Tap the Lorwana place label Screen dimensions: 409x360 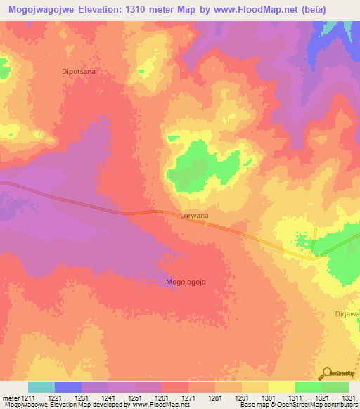point(195,216)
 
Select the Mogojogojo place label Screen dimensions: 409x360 point(189,282)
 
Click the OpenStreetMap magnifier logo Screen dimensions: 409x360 point(327,373)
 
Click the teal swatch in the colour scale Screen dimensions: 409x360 point(41,387)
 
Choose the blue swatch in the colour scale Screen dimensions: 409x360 point(68,387)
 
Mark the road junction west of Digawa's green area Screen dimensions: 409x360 point(313,257)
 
